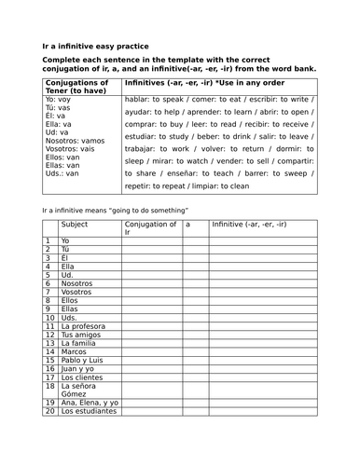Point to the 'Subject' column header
point(75,225)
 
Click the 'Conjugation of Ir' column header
point(150,228)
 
